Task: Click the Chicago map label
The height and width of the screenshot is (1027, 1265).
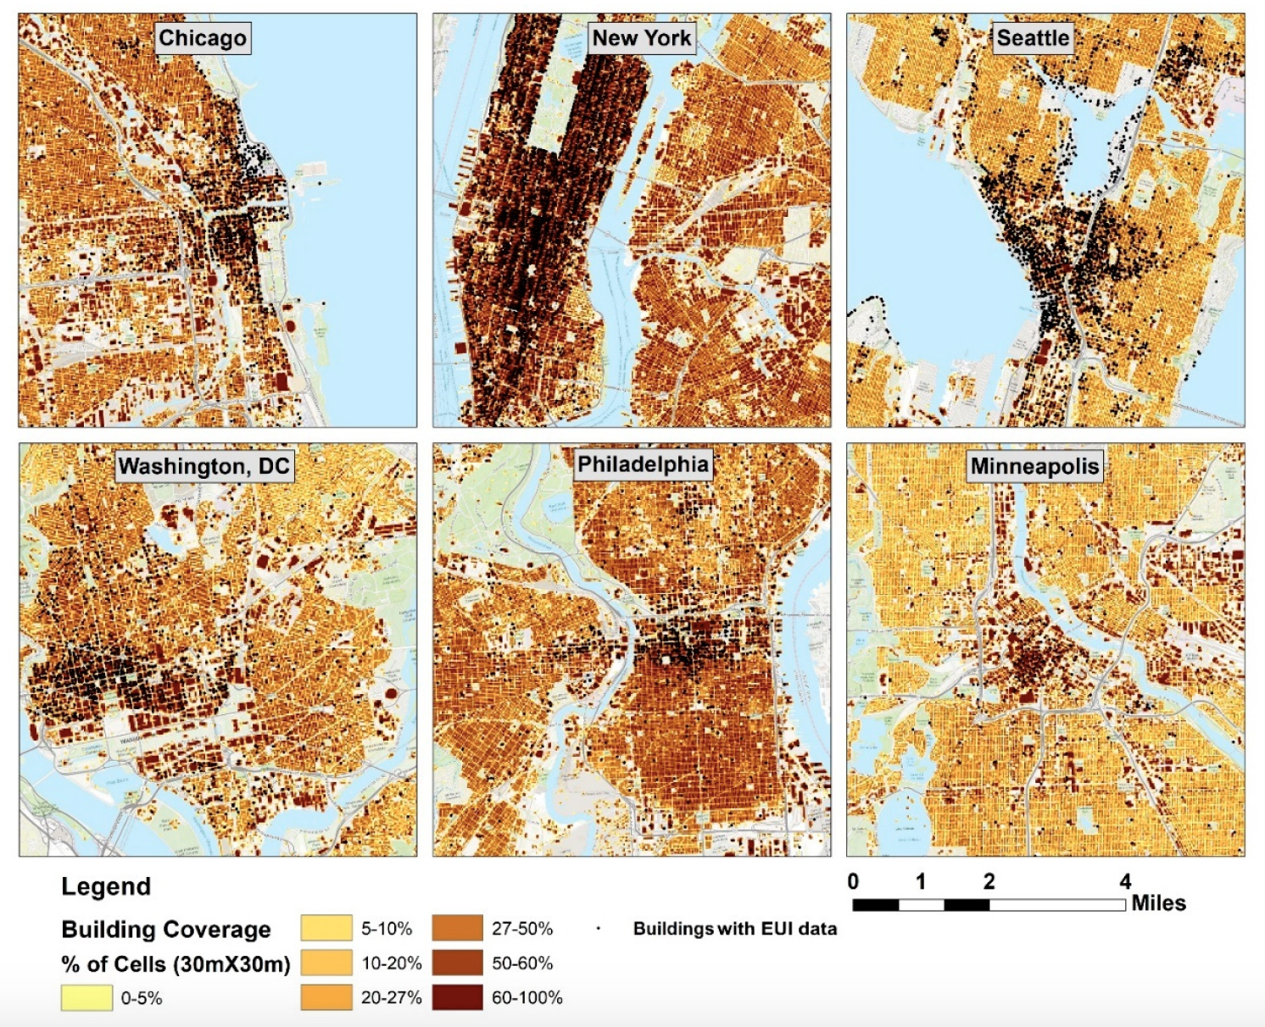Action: point(203,38)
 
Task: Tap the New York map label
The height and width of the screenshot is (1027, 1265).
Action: point(642,38)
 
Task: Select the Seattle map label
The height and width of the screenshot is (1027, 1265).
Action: point(1033,38)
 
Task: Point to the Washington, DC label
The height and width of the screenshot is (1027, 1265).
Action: point(204,467)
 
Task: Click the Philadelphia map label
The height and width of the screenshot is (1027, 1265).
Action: point(643,464)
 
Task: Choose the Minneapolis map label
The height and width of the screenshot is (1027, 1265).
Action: point(1034,466)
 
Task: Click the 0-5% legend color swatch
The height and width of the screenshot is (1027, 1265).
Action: point(86,997)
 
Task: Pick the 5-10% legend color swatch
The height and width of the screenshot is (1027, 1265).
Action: point(326,928)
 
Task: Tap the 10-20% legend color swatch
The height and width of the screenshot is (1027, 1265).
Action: point(326,963)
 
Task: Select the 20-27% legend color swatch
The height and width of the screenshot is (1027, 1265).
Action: point(326,997)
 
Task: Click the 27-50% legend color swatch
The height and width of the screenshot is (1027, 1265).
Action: point(457,928)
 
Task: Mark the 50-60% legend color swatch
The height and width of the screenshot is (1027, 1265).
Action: point(457,963)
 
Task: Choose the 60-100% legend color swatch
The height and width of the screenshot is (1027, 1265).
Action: point(457,997)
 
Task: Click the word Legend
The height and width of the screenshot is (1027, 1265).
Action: point(106,886)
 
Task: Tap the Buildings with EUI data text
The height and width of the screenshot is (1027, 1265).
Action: point(734,929)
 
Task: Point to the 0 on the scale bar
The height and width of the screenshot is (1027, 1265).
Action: point(853,881)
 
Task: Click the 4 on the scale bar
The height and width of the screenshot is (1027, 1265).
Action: point(1125,881)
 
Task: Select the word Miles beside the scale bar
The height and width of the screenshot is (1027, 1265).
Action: point(1158,903)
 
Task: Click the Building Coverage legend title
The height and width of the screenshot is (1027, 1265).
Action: point(166,930)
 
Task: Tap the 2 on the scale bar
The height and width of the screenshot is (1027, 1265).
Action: point(989,881)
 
